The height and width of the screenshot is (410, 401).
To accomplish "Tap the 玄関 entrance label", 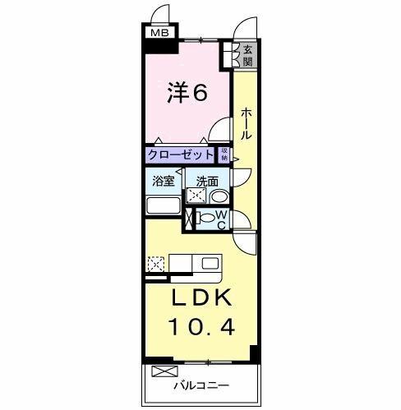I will tap(248, 55).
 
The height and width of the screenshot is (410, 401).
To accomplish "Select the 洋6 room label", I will tap(188, 91).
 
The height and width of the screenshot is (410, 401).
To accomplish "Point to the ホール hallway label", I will tap(246, 122).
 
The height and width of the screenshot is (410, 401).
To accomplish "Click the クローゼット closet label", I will tap(181, 154).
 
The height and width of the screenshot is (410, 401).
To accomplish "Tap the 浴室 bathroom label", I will tap(162, 182).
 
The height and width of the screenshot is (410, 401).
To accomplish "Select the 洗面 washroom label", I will tap(207, 182).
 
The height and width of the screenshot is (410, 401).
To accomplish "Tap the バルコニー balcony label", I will tap(200, 385).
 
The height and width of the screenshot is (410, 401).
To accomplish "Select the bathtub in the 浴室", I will tap(164, 205).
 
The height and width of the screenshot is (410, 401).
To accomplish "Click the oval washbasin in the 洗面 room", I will tap(219, 197).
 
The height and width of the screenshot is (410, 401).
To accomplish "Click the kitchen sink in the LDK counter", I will tap(210, 264).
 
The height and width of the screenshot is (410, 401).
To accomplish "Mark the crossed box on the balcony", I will tap(159, 371).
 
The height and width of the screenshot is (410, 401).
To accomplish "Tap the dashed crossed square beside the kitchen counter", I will tap(155, 265).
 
